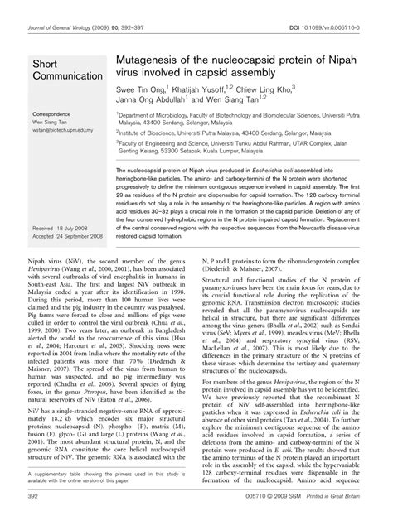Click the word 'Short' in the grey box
pyautogui.click(x=46, y=64)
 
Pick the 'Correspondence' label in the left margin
pyautogui.click(x=55, y=113)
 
